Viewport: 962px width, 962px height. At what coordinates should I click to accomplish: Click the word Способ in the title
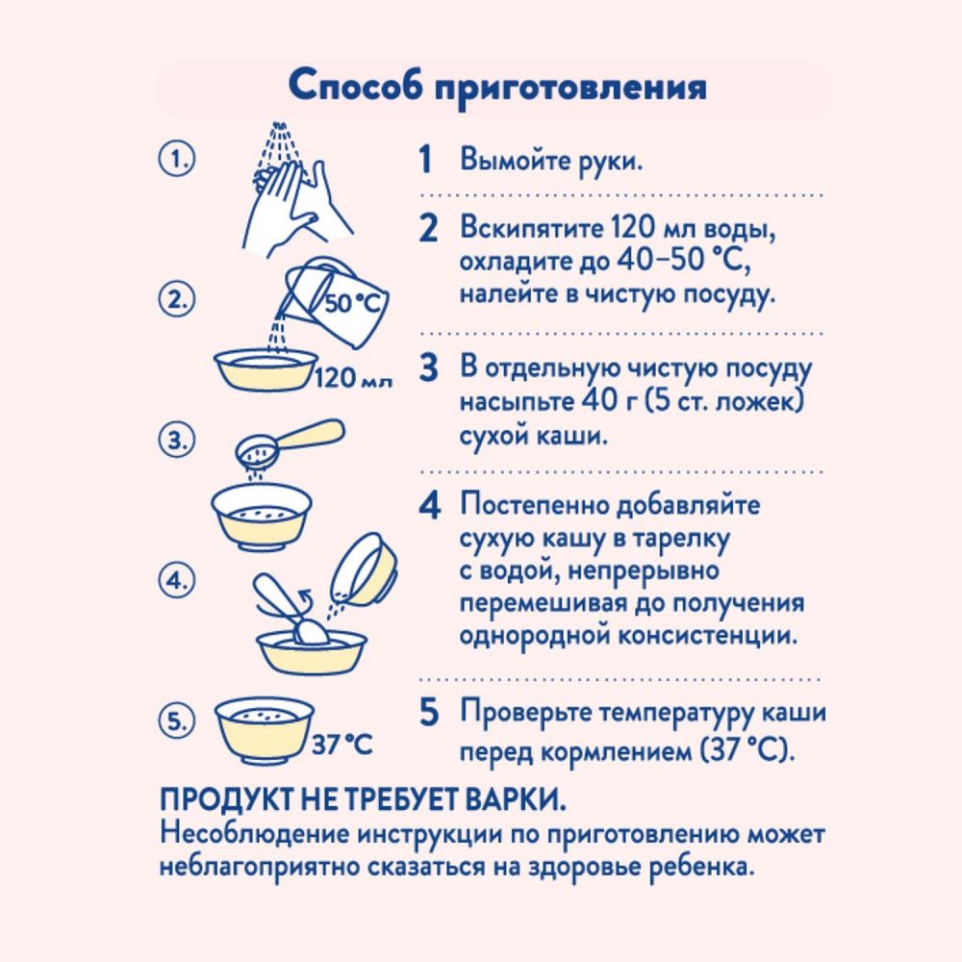[x=355, y=85]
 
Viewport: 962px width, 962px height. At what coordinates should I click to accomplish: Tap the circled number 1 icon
[x=177, y=160]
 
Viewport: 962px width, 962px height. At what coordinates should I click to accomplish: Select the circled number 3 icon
[x=177, y=441]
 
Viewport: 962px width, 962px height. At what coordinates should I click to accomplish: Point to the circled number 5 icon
[x=177, y=721]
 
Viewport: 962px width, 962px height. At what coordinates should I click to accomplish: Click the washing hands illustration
[x=295, y=190]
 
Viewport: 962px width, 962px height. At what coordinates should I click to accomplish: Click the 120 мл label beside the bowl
[x=353, y=377]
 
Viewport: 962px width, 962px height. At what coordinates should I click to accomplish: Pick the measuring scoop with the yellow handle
[x=290, y=442]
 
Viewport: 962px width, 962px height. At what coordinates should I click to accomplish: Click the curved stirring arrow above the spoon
[x=305, y=596]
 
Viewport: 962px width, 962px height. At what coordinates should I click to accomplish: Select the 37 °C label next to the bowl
[x=342, y=745]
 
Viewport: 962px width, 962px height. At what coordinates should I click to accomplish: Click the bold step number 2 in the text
[x=428, y=228]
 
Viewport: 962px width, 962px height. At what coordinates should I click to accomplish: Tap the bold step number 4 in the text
[x=429, y=506]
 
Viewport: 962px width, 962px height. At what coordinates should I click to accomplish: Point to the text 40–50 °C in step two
[x=684, y=260]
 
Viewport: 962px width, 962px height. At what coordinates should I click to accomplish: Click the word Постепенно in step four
[x=533, y=506]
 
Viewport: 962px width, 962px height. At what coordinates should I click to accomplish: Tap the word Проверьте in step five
[x=524, y=713]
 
